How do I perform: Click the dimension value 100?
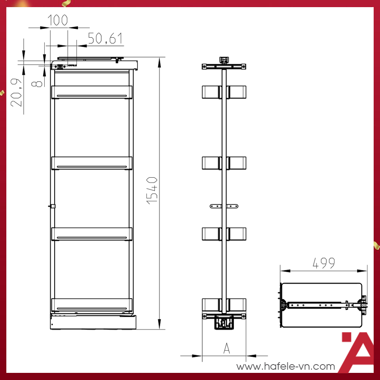coord(57,20)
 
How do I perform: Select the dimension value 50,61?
coord(105,38)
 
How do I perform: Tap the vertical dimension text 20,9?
coord(16,92)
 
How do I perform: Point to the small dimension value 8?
coord(37,84)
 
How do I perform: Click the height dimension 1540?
coord(152,191)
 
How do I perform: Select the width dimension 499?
coord(323,263)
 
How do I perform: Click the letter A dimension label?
coord(226,348)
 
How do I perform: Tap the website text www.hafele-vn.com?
coord(286,366)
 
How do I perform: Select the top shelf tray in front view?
coord(92,92)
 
